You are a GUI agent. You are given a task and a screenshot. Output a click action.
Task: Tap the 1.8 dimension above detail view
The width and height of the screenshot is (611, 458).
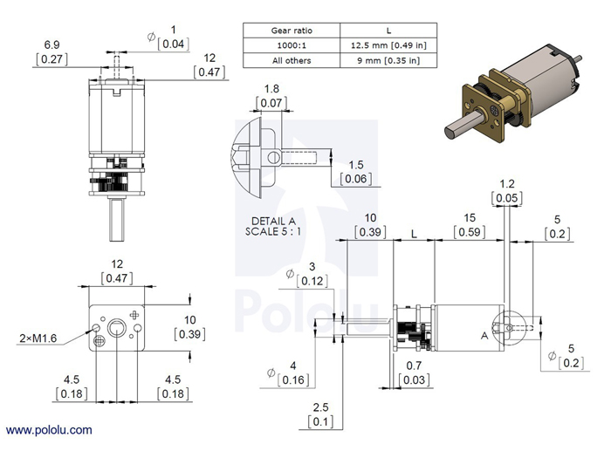tap(271, 89)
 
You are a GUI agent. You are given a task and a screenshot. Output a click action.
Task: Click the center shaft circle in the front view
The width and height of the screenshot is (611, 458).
tap(116, 330)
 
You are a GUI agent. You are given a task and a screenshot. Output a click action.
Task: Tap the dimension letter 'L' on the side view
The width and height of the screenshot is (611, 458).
tap(412, 235)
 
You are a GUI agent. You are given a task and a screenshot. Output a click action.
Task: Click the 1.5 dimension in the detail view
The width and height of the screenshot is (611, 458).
tap(355, 165)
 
